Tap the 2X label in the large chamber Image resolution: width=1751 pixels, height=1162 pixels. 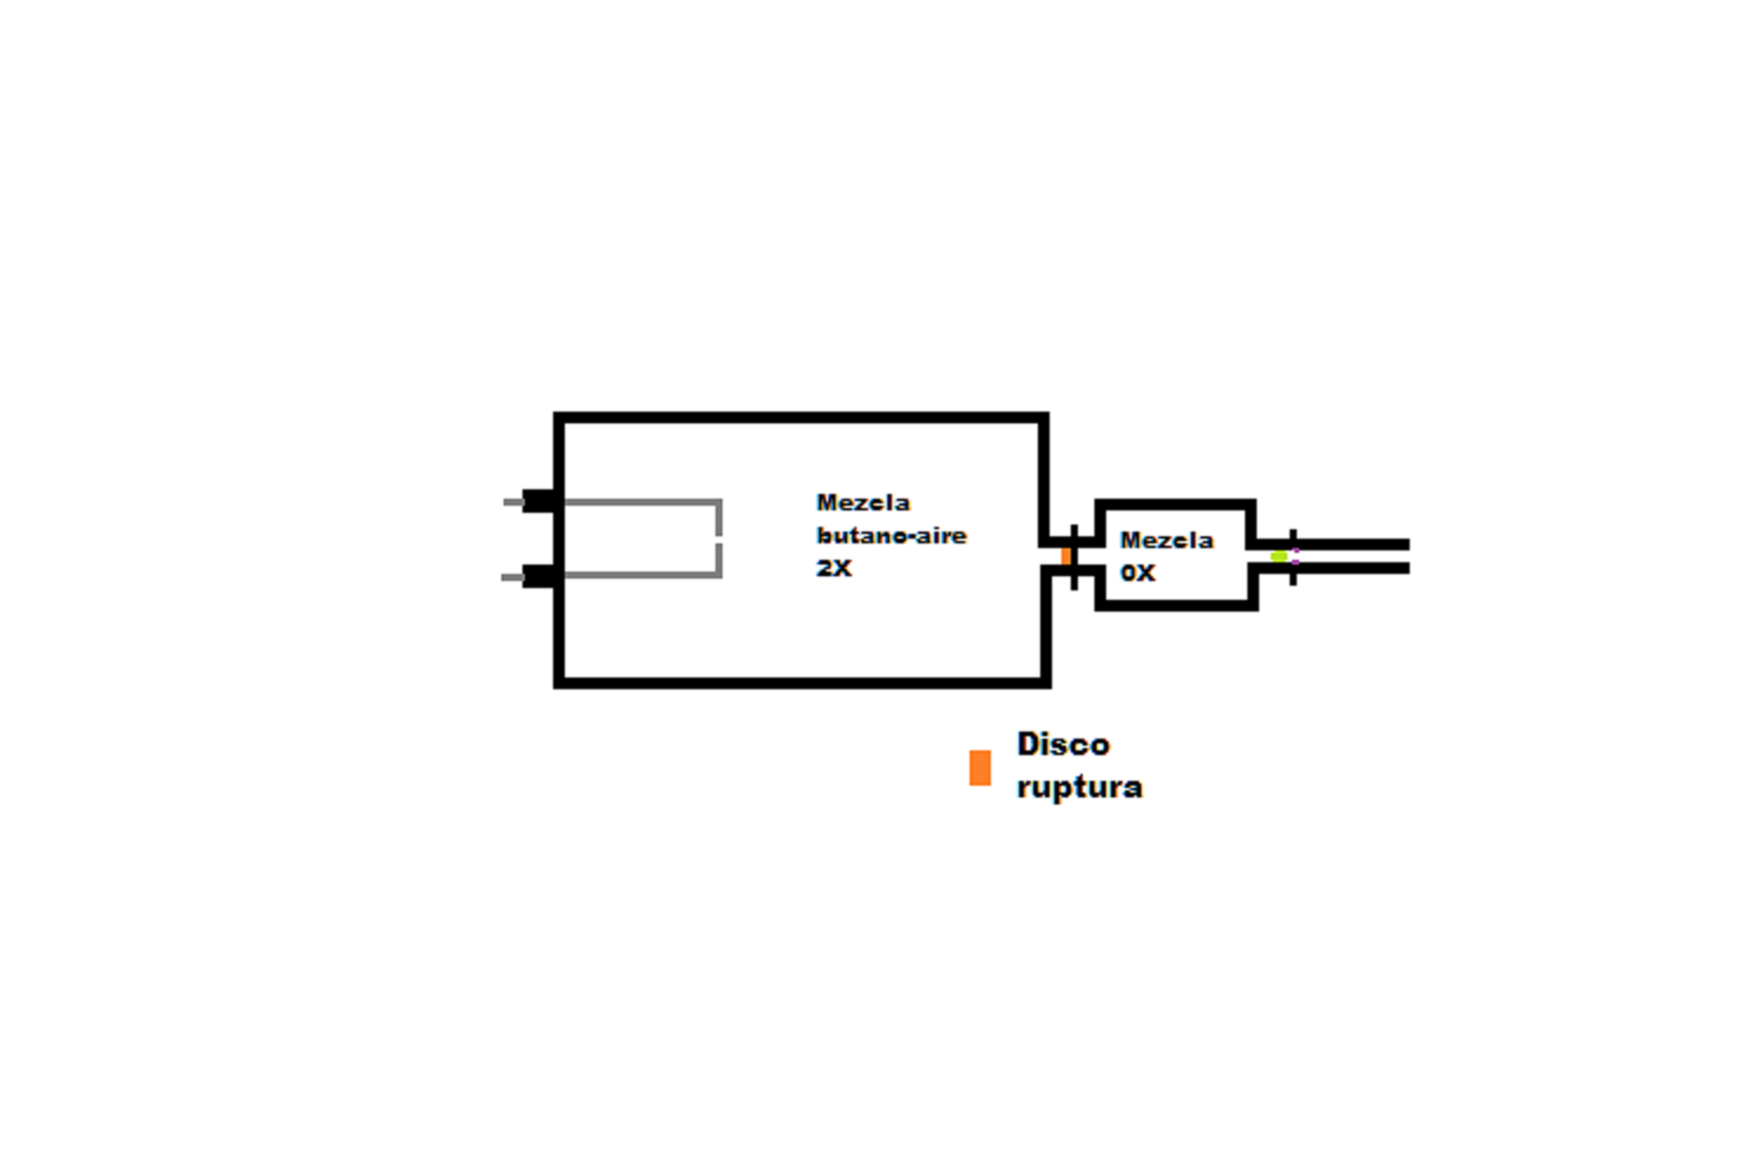coord(834,568)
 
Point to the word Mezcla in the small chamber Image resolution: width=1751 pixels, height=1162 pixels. coord(1166,540)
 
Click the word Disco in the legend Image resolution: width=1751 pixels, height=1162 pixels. coord(1063,744)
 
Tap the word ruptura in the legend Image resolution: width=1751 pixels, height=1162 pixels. coord(1079,786)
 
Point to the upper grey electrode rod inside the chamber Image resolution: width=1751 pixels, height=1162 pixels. coord(641,502)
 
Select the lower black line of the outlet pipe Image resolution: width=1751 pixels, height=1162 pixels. coord(1353,568)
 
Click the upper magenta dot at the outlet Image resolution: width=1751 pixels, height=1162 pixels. coord(1296,551)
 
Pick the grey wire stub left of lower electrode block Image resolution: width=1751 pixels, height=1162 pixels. coord(511,577)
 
